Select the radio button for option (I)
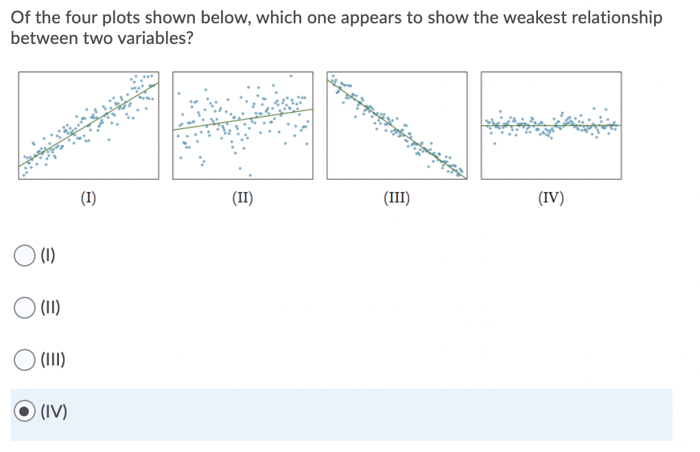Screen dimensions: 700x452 point(25,256)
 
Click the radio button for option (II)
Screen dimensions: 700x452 point(25,308)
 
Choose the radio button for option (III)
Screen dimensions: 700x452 point(25,360)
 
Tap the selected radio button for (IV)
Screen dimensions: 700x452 point(25,411)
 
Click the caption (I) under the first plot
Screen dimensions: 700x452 point(89,197)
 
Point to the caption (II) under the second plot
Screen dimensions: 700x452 point(242,197)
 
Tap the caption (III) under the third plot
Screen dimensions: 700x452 point(397,197)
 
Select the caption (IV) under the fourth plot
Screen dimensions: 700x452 point(551,197)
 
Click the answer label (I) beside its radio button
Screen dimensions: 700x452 point(48,256)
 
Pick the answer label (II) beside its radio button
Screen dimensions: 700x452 point(51,308)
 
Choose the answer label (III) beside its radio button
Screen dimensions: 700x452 point(53,360)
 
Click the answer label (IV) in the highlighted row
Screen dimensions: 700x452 point(54,411)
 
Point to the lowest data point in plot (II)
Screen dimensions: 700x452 point(250,175)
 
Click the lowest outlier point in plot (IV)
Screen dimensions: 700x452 point(495,144)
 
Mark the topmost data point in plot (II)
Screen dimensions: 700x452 point(291,76)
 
